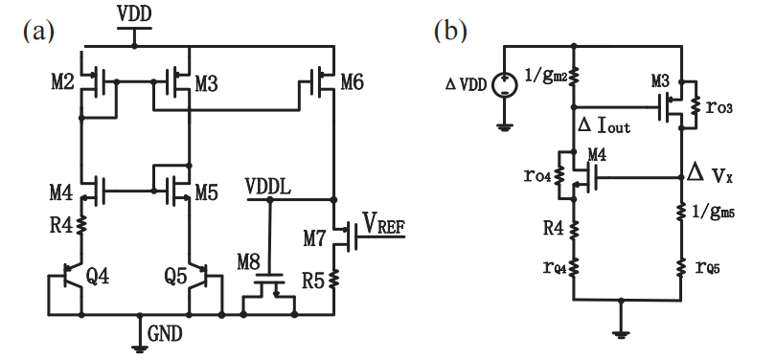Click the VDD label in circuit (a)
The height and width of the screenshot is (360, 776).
click(x=134, y=14)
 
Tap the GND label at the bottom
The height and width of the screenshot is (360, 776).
click(x=166, y=335)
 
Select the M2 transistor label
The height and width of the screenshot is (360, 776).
click(x=63, y=82)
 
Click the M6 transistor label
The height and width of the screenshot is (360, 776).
click(x=353, y=82)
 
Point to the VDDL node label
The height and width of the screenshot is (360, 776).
click(x=267, y=188)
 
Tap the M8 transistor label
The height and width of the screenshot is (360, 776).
click(x=248, y=263)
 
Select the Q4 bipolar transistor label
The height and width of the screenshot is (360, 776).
click(x=98, y=278)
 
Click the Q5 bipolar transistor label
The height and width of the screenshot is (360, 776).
click(x=175, y=278)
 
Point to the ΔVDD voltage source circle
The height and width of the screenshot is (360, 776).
click(x=505, y=84)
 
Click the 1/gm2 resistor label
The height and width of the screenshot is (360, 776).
click(x=546, y=76)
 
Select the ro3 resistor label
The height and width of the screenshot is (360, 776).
click(x=719, y=107)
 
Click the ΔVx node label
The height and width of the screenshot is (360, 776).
click(x=710, y=175)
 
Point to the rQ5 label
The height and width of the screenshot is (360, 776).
click(x=707, y=267)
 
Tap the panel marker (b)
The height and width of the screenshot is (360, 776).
click(x=450, y=32)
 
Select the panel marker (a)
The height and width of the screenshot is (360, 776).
click(x=38, y=32)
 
